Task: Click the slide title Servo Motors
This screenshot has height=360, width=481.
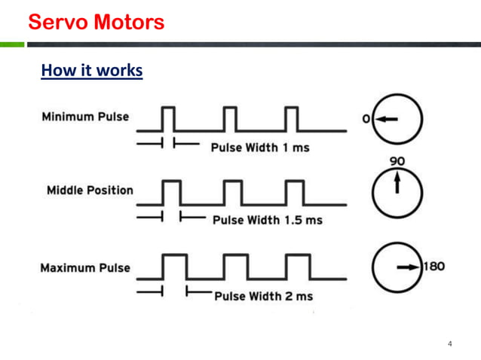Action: [96, 23]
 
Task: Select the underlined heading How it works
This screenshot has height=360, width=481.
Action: [91, 71]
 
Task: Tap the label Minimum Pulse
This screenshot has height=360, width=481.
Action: [85, 117]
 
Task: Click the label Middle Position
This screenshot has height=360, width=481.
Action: [90, 190]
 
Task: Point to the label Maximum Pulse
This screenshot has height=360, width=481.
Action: [85, 268]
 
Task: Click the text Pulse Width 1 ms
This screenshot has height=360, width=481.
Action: [260, 147]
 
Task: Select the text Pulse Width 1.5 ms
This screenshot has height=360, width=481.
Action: [268, 220]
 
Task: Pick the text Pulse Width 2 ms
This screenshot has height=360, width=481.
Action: [263, 296]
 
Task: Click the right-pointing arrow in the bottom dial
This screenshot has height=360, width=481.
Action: [409, 267]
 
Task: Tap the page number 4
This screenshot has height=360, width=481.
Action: [450, 344]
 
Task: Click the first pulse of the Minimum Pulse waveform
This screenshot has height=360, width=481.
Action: [168, 118]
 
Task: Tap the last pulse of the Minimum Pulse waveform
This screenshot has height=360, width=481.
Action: [293, 118]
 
